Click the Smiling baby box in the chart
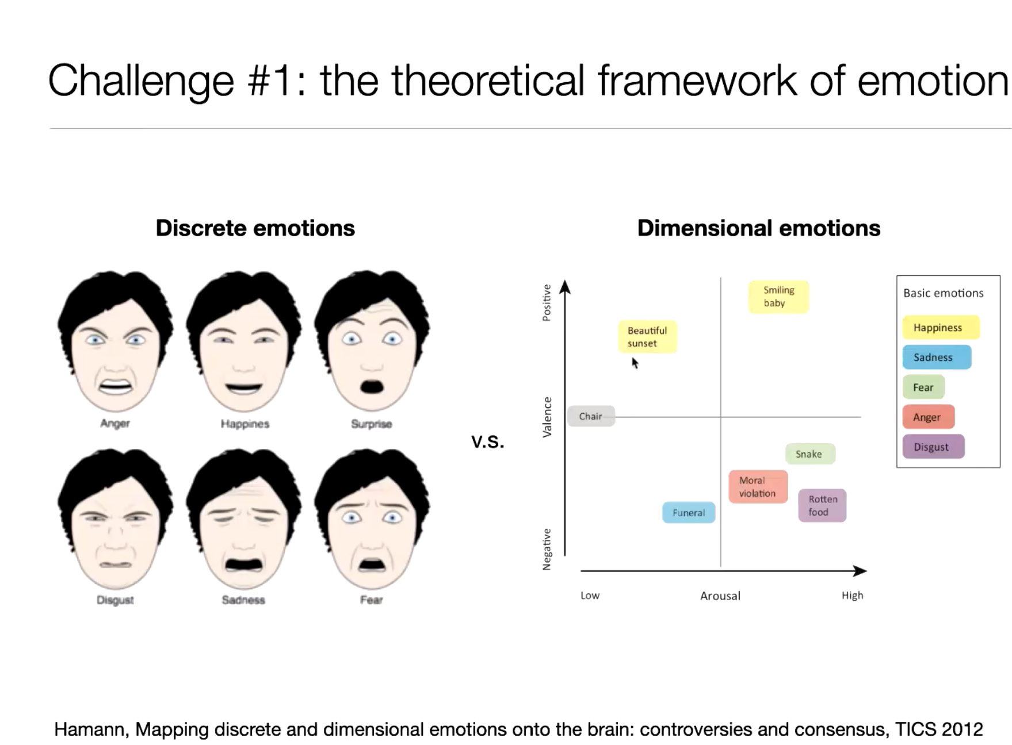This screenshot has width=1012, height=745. click(x=778, y=297)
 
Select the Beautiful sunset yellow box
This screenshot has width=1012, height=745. click(x=648, y=337)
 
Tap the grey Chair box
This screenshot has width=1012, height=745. click(x=591, y=416)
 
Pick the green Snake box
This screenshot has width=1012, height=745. click(x=810, y=454)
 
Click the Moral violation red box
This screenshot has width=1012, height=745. click(x=758, y=487)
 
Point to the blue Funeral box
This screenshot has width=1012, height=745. click(x=689, y=512)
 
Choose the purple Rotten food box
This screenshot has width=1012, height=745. click(x=822, y=505)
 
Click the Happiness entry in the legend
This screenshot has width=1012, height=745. click(x=941, y=327)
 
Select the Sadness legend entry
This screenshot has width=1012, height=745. click(x=937, y=357)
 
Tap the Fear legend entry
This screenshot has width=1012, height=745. click(x=923, y=387)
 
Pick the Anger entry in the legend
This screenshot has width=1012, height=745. click(x=929, y=417)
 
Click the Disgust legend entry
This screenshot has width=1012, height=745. click(x=933, y=447)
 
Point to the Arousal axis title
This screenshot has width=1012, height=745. click(x=720, y=596)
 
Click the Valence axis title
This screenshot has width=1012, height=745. click(x=547, y=417)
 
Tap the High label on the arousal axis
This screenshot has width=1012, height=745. click(x=852, y=596)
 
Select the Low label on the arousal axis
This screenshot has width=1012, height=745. click(x=590, y=596)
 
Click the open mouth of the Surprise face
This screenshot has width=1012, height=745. click(x=372, y=386)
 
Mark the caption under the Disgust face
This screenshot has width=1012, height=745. click(x=115, y=600)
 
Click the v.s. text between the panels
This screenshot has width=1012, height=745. click(x=488, y=441)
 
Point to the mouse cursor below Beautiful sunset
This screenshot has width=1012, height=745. click(x=635, y=363)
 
